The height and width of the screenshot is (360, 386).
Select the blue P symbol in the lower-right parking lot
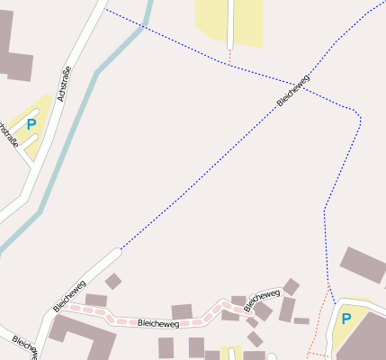click(346, 319)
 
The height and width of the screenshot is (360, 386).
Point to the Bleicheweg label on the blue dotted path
click(293, 91)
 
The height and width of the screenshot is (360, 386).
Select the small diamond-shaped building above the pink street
click(112, 282)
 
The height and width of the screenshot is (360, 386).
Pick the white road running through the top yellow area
click(231, 22)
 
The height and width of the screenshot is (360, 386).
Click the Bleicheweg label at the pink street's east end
click(263, 299)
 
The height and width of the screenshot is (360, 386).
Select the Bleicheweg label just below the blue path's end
click(69, 294)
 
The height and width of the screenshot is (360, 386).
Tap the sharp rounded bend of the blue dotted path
click(357, 117)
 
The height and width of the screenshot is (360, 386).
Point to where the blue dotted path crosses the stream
click(142, 27)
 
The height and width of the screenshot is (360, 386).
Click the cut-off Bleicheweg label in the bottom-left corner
click(24, 346)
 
